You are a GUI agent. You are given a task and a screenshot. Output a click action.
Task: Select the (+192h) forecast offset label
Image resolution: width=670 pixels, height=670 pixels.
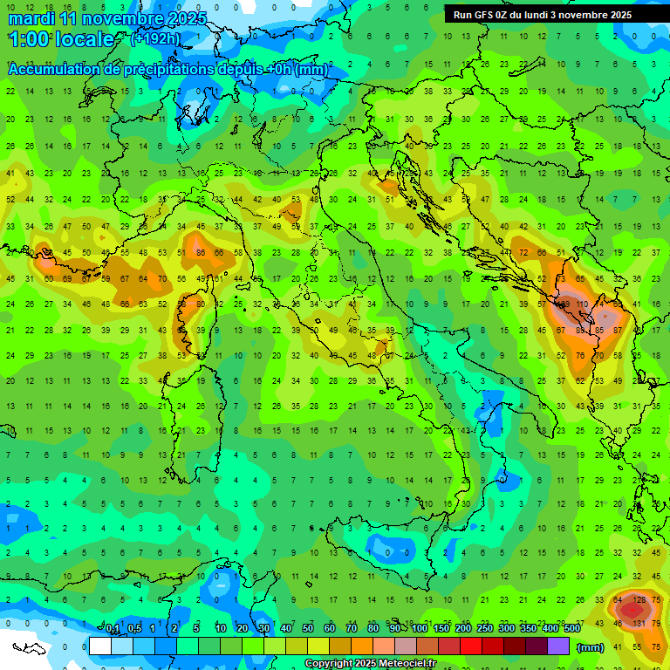(156, 39)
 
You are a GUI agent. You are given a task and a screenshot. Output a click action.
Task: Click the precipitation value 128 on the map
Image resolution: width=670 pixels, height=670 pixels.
(639, 600)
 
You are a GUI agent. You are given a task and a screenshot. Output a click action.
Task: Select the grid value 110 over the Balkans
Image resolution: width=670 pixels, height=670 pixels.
(582, 305)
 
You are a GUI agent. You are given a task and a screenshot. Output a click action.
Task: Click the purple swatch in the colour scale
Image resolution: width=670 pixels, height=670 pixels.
(558, 646)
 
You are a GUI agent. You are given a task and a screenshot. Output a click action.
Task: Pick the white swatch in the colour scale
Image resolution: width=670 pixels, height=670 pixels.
(99, 646)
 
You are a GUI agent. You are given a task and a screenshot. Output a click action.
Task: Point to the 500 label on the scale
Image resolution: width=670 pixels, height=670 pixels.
(571, 629)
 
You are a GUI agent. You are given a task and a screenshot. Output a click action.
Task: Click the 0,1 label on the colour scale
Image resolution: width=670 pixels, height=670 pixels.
(112, 629)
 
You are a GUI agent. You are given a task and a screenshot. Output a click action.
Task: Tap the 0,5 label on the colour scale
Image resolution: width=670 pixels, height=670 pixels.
(133, 629)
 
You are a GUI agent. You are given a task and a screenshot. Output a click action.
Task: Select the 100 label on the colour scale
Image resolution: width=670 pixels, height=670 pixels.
(420, 629)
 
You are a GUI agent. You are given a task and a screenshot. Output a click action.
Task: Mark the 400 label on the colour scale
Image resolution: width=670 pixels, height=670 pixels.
(550, 629)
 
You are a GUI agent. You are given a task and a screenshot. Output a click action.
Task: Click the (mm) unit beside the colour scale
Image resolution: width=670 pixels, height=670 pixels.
(591, 647)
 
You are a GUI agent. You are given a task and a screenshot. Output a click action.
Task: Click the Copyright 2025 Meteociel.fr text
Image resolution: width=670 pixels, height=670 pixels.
(370, 664)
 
